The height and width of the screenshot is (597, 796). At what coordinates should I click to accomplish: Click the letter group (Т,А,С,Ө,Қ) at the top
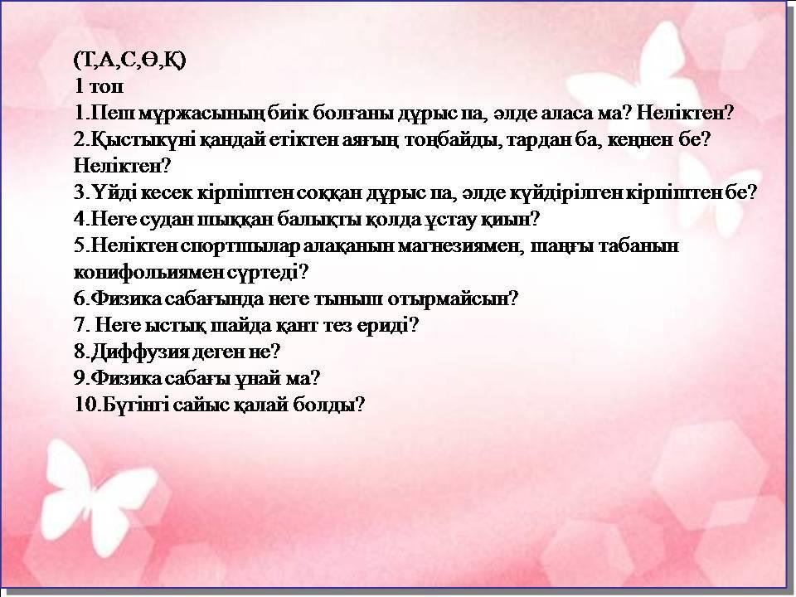(130, 61)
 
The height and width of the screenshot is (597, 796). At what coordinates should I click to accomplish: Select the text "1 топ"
(99, 86)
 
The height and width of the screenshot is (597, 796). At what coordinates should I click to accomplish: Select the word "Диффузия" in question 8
(139, 352)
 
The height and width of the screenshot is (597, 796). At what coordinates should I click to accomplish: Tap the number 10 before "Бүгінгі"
(85, 405)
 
